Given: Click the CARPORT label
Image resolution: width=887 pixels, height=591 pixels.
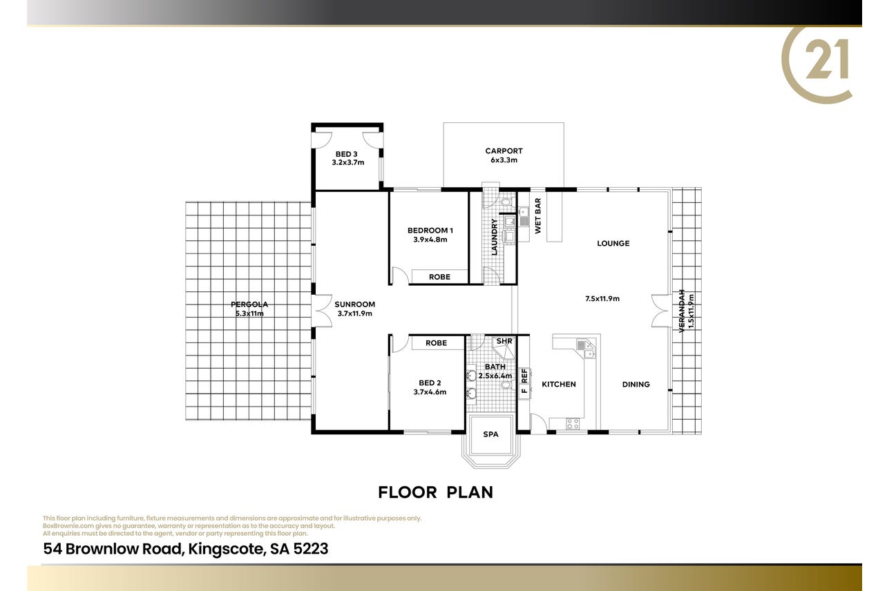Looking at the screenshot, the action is (x=504, y=151).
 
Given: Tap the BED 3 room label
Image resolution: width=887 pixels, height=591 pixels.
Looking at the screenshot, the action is (x=347, y=154).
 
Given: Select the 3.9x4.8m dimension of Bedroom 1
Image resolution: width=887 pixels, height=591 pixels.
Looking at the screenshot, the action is (x=430, y=240).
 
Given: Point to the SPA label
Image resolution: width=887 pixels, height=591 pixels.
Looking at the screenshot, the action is (x=490, y=434).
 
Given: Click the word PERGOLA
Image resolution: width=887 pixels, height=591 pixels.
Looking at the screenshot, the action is (x=249, y=304).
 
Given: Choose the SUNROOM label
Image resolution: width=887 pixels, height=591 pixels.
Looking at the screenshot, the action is (x=355, y=304).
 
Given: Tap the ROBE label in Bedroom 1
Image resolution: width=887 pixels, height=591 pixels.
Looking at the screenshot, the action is (x=439, y=277).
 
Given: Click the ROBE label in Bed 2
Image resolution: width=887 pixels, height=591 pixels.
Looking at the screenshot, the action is (x=437, y=343).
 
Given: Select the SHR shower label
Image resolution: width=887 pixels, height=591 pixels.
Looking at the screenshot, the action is (x=504, y=341).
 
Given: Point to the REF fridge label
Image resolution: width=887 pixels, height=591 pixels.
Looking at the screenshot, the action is (x=524, y=376).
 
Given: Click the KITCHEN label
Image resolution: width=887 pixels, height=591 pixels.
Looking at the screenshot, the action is (x=559, y=385).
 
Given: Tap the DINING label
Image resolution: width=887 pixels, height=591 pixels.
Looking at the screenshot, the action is (x=636, y=385).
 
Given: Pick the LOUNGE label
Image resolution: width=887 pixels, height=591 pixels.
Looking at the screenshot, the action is (x=613, y=244).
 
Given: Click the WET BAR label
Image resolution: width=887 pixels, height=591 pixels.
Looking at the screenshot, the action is (x=537, y=215).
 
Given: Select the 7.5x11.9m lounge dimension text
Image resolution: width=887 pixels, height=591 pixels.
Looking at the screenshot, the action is (x=602, y=299).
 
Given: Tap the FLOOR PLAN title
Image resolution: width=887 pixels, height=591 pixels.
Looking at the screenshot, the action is (x=436, y=492).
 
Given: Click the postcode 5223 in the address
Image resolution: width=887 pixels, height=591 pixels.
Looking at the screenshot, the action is (x=311, y=549).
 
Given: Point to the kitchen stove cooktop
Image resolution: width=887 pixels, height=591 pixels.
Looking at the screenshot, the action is (x=573, y=424).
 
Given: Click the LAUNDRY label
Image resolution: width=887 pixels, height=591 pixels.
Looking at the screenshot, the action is (x=494, y=237).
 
